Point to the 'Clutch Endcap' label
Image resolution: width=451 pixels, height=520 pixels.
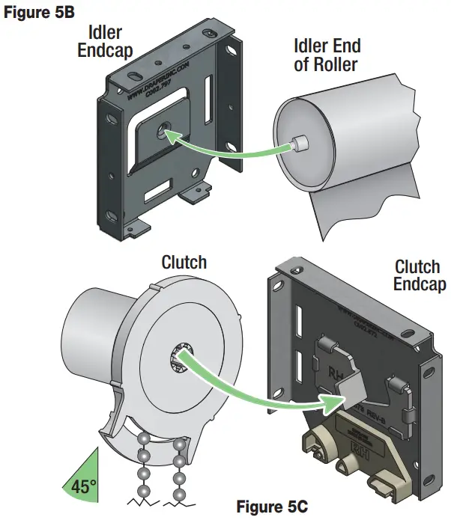417,275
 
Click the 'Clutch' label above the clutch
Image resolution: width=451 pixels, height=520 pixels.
184,263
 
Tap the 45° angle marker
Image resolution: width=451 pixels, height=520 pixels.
84,484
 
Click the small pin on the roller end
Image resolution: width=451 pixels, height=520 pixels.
300,141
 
